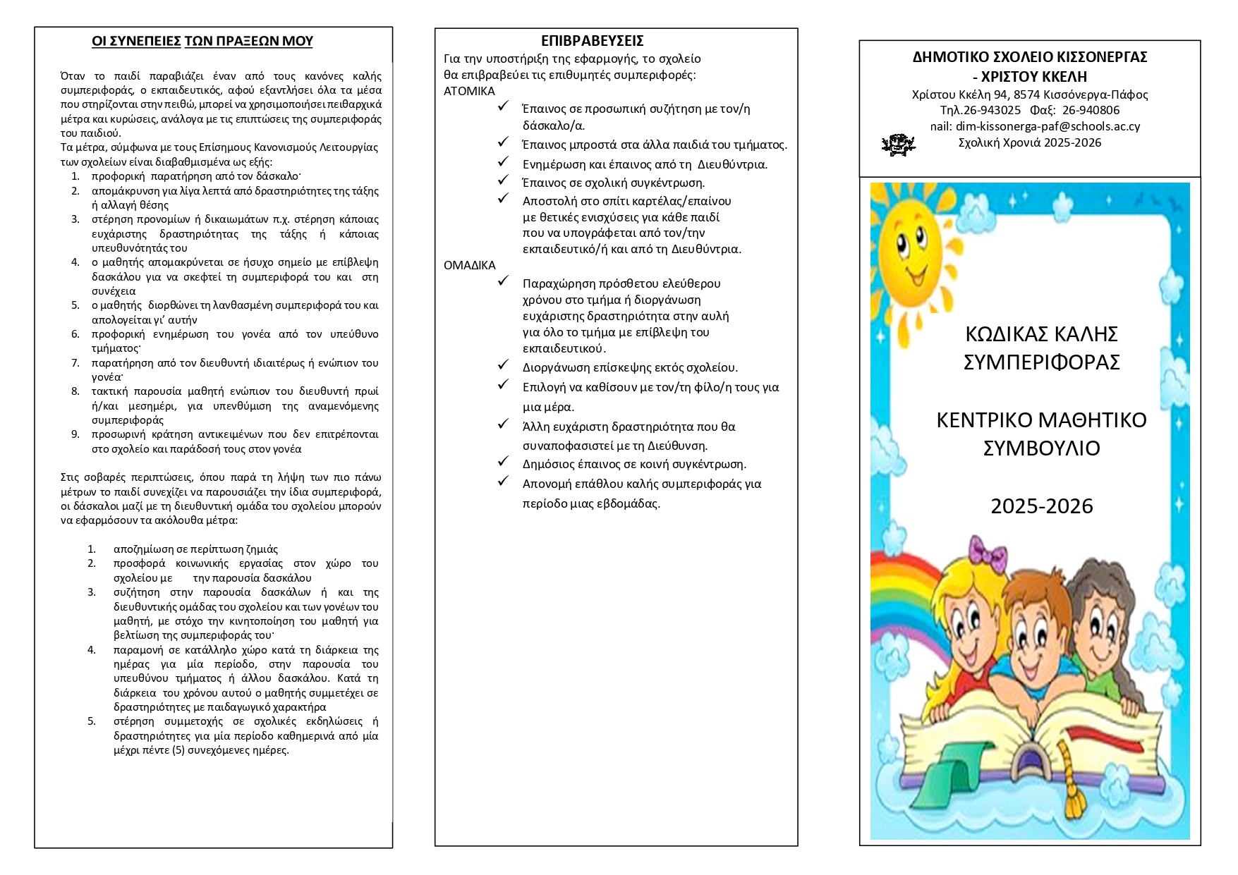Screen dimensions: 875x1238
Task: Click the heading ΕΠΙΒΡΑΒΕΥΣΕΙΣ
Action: pos(592,41)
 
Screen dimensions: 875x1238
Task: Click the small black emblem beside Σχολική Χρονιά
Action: pos(897,145)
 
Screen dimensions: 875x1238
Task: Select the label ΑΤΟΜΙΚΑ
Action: pos(469,91)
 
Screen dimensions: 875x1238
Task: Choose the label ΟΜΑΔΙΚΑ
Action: pos(469,265)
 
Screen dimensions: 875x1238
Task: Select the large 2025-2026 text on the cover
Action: pos(1041,506)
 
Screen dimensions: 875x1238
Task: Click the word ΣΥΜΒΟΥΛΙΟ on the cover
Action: pos(1041,448)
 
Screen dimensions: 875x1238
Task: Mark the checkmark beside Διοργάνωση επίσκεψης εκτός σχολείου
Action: pos(503,365)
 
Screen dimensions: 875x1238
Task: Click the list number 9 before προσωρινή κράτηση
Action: pos(75,434)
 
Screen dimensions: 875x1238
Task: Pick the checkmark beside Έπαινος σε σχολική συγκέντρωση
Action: pos(503,180)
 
